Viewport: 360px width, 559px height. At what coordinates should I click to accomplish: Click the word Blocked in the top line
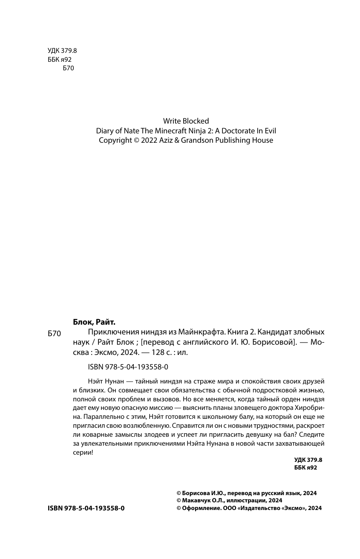[195, 121]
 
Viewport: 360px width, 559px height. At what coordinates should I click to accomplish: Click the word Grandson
[196, 140]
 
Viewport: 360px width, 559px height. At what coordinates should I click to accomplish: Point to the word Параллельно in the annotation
[103, 417]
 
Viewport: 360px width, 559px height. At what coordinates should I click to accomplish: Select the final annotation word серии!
[83, 452]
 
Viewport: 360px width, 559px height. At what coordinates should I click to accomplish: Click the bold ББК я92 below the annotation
[306, 467]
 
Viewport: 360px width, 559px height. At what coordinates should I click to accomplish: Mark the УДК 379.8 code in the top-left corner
[62, 51]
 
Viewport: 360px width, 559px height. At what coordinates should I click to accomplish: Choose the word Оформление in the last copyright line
[199, 508]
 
